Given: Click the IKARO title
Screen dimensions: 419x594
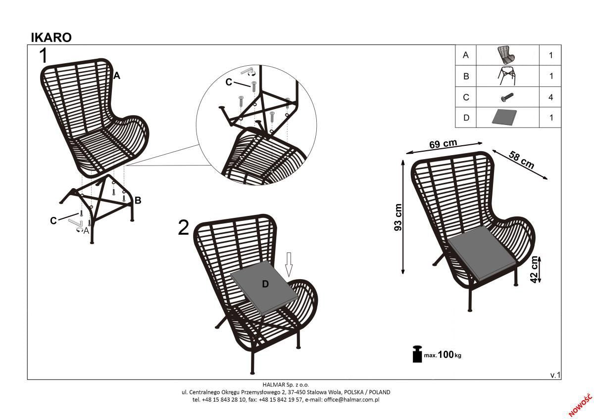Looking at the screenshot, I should coord(51,38).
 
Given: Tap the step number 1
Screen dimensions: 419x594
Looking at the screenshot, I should coord(45,56).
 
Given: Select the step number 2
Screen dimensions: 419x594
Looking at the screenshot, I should coord(184,228).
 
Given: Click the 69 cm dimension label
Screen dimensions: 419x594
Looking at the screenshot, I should coord(443,144).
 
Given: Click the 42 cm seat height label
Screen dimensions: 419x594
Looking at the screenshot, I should coord(535,269).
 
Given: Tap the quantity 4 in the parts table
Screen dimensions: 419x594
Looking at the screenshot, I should coord(550,97).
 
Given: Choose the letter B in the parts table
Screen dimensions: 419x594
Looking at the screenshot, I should coord(465,77).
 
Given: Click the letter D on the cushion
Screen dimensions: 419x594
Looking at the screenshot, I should coord(265,284).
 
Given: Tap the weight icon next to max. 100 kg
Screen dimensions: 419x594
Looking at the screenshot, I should coord(417,354).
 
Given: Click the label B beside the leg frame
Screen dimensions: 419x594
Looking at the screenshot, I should coord(138,200).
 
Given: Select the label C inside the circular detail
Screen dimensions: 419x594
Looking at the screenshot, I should coord(229,83).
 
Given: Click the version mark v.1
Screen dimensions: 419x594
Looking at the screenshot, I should coord(555,375).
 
